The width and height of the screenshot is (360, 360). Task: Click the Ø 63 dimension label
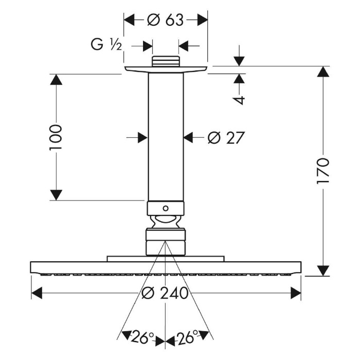(165, 20)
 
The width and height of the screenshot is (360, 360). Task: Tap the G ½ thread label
(106, 46)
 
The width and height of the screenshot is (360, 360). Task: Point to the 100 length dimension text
(56, 137)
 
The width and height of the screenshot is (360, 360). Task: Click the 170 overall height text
(323, 171)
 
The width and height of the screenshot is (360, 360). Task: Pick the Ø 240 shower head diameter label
(165, 293)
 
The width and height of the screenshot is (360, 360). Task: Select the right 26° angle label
(188, 338)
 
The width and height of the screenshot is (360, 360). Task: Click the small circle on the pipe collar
(165, 208)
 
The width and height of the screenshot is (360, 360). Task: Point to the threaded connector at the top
(165, 61)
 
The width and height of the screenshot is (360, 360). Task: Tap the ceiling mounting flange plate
(165, 69)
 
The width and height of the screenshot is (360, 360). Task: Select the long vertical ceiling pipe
(165, 136)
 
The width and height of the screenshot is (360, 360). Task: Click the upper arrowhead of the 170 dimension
(323, 72)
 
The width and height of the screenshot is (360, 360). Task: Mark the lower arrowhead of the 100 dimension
(56, 195)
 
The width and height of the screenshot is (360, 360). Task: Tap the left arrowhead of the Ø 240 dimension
(36, 293)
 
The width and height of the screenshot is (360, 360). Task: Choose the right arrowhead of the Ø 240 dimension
(296, 293)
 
